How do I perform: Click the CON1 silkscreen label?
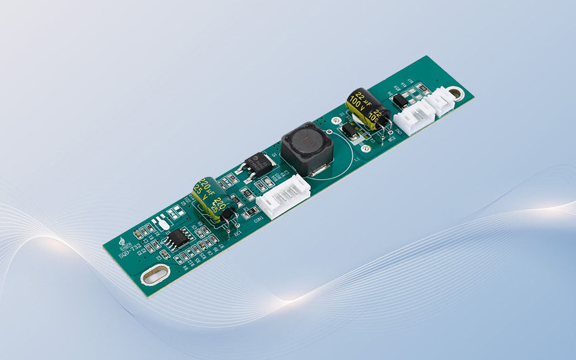(258, 218)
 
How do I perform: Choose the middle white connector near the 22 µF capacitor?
(413, 117)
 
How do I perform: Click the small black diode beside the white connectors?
(399, 102)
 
